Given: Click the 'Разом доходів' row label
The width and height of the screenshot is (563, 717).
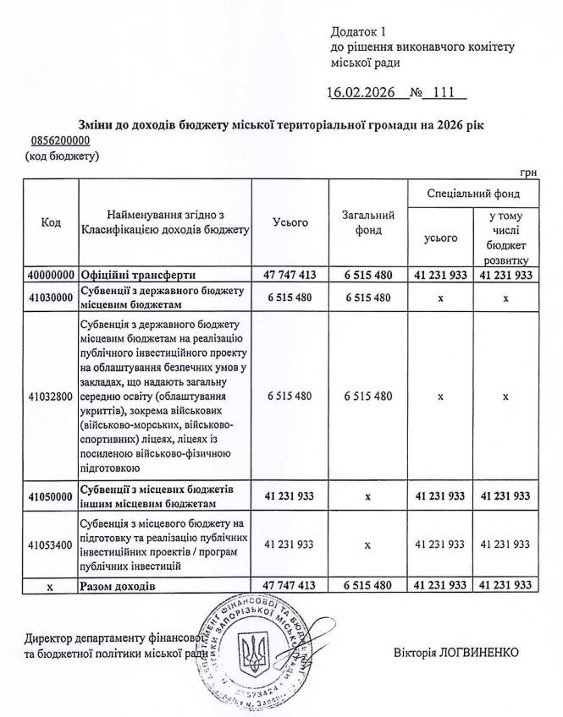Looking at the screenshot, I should [x=119, y=584].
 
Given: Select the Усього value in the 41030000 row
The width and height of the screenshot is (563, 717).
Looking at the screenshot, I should [x=290, y=297].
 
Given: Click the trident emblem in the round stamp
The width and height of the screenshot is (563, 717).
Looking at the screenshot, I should [x=253, y=652].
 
